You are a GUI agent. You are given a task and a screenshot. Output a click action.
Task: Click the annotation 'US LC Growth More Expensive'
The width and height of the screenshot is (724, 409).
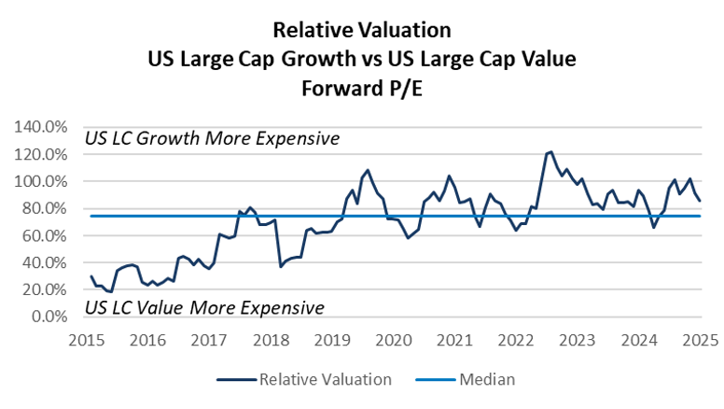point(212,139)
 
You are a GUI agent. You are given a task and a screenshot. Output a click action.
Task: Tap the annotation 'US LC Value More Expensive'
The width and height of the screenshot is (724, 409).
point(204,307)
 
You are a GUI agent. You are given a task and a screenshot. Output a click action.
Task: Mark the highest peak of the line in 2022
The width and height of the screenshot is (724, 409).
point(550,151)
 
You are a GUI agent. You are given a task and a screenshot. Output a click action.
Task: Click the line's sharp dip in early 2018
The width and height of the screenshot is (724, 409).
point(281,266)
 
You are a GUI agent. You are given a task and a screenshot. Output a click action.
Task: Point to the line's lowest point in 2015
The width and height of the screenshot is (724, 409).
point(111,292)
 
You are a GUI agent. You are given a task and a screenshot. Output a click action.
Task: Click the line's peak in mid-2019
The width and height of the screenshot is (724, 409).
point(368,170)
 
